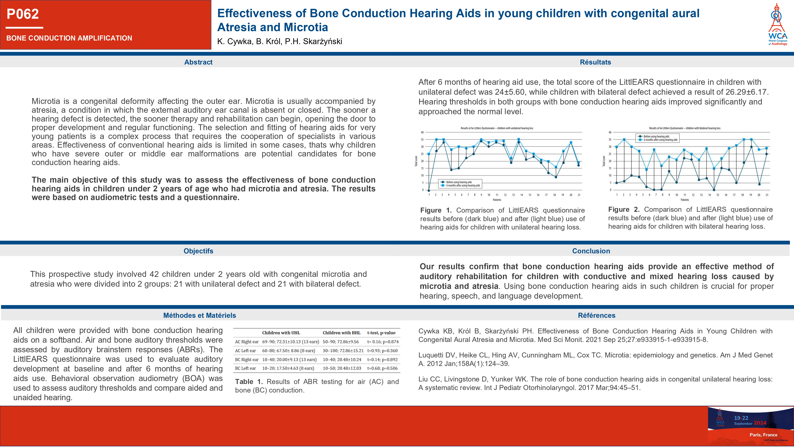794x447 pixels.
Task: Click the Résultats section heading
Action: (595, 62)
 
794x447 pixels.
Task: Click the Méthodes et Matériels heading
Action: (199, 315)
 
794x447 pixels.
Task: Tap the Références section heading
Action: (596, 315)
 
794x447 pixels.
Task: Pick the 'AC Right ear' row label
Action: (247, 342)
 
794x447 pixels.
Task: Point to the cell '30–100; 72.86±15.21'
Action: (343, 351)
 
